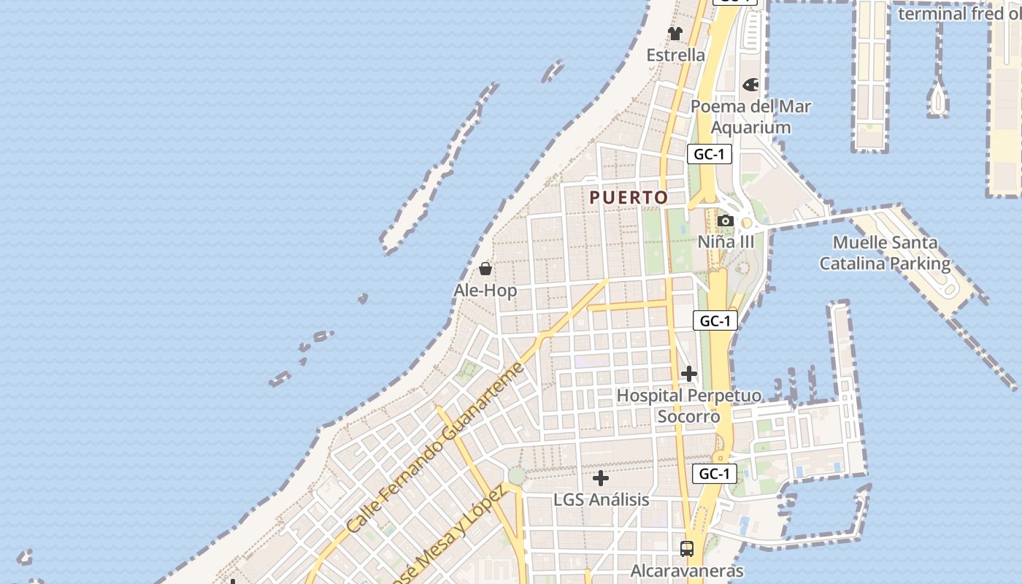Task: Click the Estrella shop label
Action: [x=676, y=55]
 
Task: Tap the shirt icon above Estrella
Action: [x=675, y=34]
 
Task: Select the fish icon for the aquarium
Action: [x=750, y=85]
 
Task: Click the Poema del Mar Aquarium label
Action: [x=750, y=117]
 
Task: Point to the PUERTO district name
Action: [x=629, y=198]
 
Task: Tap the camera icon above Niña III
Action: [x=725, y=220]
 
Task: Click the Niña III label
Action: [x=726, y=242]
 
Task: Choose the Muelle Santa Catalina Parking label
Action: [x=885, y=253]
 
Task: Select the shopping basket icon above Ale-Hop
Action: [x=485, y=269]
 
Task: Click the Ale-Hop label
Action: [x=485, y=291]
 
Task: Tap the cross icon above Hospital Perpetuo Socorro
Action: [x=688, y=374]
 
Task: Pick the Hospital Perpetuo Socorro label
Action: [x=688, y=406]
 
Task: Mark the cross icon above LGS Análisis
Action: [x=601, y=479]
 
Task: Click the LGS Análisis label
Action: [x=601, y=500]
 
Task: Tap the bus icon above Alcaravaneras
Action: [x=686, y=549]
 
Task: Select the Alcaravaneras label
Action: [x=686, y=571]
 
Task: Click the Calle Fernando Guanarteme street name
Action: [x=436, y=447]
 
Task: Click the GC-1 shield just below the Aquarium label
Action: [x=709, y=154]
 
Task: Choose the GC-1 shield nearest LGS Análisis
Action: [x=713, y=474]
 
